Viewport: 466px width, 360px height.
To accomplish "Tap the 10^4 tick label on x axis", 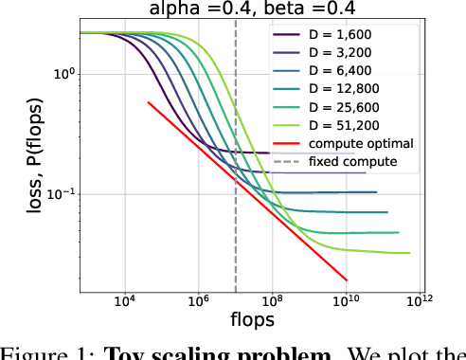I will pos(124,301).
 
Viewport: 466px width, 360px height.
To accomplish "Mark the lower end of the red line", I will pos(347,279).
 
